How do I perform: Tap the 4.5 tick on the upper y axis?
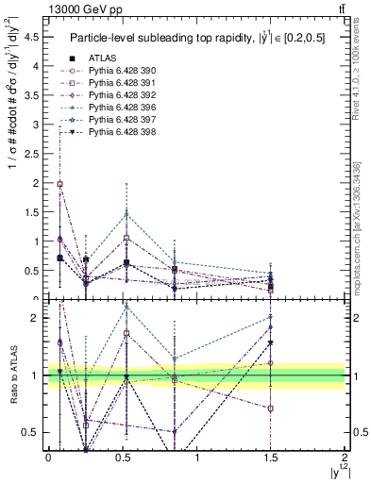tap(33, 38)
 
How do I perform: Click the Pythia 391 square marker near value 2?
tap(60, 184)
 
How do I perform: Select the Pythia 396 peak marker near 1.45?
tap(126, 215)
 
